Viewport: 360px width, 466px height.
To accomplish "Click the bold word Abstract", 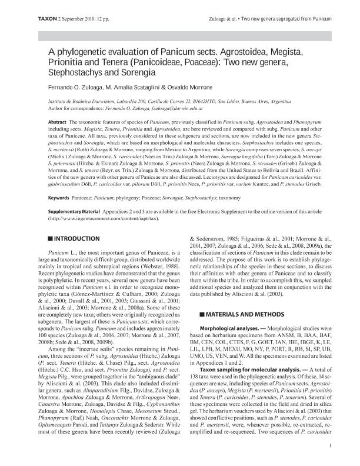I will click(x=56, y=120).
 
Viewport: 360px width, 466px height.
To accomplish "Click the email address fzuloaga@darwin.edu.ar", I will click(x=175, y=108).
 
